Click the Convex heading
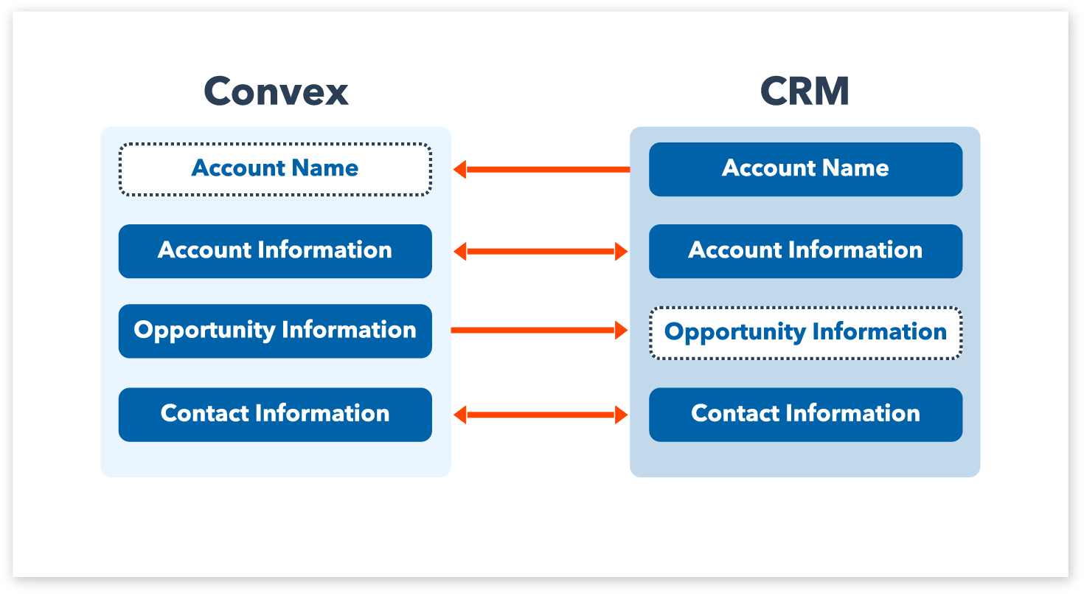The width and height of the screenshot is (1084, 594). pos(276,91)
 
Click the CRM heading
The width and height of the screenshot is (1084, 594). pos(805,91)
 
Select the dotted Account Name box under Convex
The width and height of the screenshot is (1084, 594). pos(275,169)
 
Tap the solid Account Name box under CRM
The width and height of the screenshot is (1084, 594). pos(806,169)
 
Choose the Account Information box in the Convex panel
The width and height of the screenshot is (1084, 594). pos(275,251)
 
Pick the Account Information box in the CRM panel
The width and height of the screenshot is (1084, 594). pos(806,251)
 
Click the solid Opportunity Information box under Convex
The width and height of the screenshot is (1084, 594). pos(275,331)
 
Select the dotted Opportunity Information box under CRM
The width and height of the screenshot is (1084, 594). pos(806,333)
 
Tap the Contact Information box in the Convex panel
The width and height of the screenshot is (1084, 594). pos(275,415)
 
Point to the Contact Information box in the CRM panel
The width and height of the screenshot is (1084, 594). pos(806,415)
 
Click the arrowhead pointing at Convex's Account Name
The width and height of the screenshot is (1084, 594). pos(459,170)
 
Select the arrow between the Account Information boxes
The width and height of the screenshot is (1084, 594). pos(541,252)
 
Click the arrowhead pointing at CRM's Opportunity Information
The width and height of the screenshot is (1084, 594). pos(622,330)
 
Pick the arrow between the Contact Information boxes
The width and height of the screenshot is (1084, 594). pos(541,415)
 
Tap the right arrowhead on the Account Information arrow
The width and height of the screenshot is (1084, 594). pos(622,252)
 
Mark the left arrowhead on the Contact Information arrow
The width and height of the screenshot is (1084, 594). pos(459,415)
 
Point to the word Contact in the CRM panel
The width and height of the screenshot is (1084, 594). pos(735,413)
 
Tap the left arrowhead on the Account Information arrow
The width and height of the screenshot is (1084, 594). pos(459,252)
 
